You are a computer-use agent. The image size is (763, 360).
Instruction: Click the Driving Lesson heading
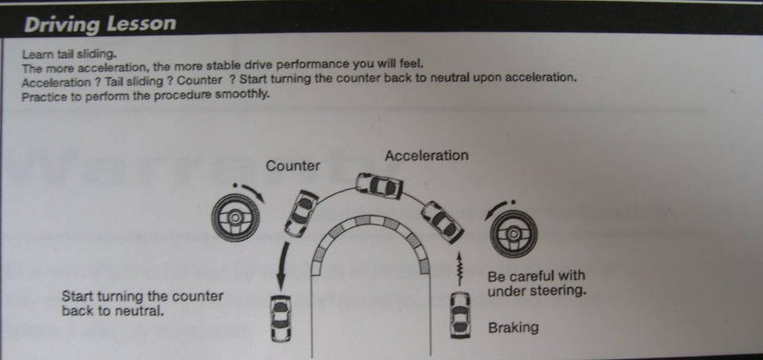click(x=100, y=24)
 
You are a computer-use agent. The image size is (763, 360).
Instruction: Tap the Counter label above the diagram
click(x=293, y=166)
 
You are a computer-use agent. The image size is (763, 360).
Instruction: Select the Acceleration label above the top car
click(x=426, y=156)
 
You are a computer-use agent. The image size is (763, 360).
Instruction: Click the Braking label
click(x=514, y=327)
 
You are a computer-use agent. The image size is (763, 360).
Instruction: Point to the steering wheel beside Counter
click(x=235, y=218)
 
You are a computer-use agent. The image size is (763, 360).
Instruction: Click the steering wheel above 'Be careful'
click(x=514, y=234)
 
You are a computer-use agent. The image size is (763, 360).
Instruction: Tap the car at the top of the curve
click(x=379, y=186)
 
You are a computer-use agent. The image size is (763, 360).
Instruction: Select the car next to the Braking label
click(x=460, y=315)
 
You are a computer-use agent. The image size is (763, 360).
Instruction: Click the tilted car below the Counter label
click(x=302, y=213)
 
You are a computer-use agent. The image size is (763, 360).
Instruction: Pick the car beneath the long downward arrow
click(x=281, y=319)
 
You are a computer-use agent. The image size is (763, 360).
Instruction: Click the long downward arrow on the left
click(x=282, y=266)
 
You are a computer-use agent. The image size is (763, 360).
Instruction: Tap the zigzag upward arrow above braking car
click(x=458, y=268)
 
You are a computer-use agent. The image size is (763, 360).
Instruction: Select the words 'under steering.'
click(x=537, y=291)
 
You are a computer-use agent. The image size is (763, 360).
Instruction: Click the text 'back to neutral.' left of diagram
click(x=113, y=311)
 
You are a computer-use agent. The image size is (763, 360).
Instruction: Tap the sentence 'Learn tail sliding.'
click(x=70, y=54)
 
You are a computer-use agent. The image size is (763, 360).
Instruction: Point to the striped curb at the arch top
click(x=371, y=222)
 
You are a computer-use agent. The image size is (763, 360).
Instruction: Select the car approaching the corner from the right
click(x=442, y=221)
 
